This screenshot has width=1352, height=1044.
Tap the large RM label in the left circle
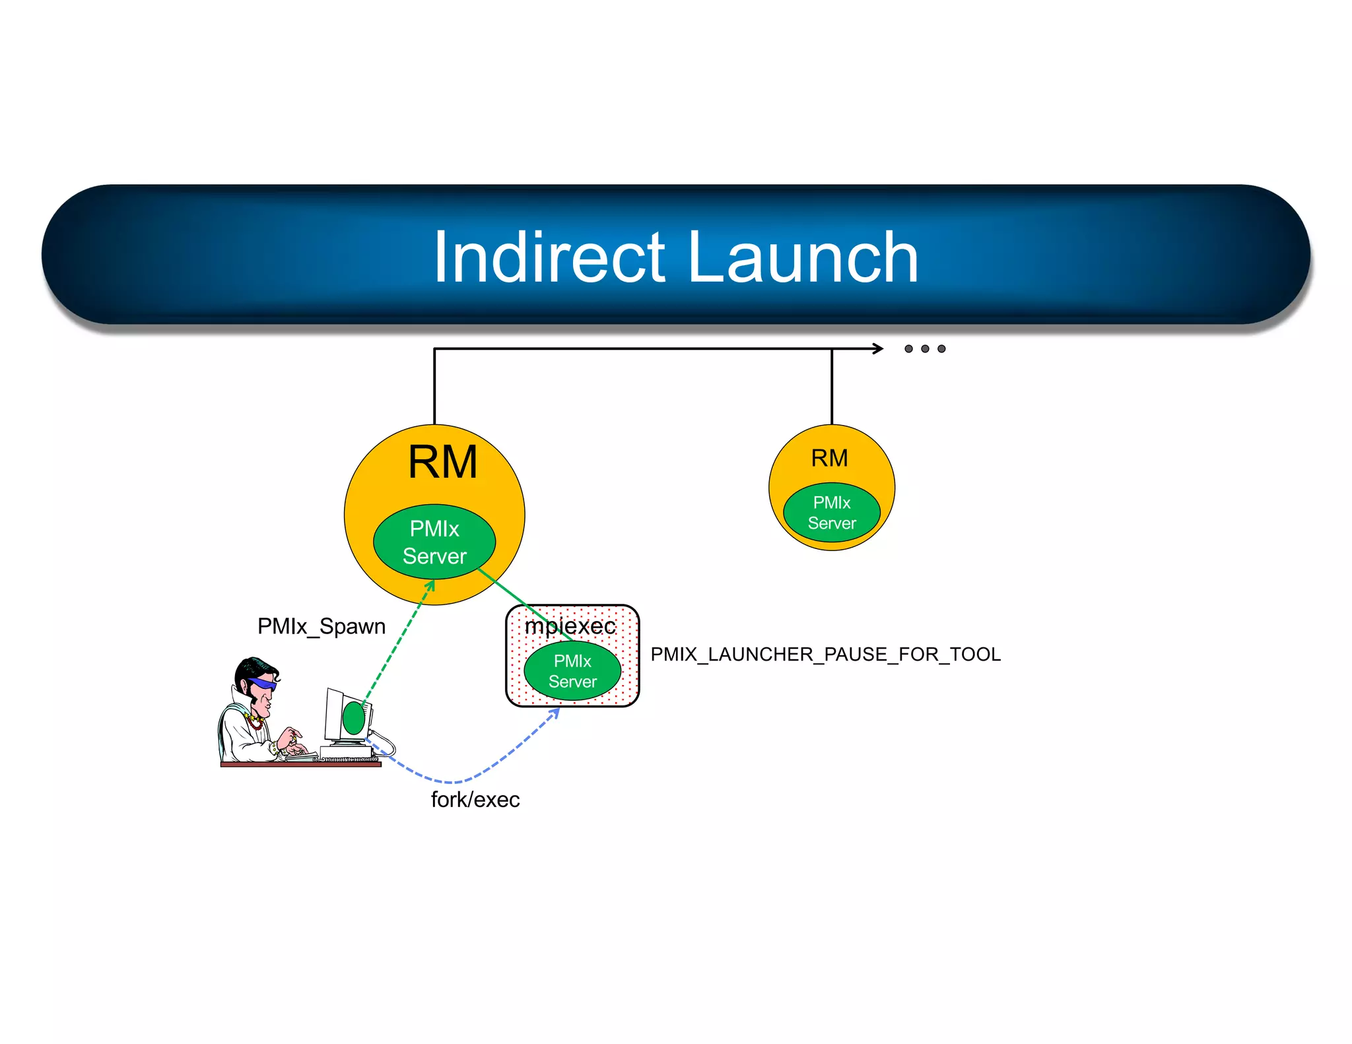pos(442,462)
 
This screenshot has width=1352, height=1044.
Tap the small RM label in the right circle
pos(829,458)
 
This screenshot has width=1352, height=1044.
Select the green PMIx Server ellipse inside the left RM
pos(434,542)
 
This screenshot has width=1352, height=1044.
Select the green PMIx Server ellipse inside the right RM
pos(832,513)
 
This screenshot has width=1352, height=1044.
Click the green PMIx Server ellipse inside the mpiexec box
pos(572,671)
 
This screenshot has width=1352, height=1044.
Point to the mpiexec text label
pos(570,626)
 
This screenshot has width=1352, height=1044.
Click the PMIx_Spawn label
pos(321,626)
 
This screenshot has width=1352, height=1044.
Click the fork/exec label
pos(475,800)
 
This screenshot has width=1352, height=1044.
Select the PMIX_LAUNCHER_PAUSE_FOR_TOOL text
pos(825,654)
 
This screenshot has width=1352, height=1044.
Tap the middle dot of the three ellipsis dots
pos(925,348)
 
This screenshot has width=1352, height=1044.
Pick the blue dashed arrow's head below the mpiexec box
pos(556,712)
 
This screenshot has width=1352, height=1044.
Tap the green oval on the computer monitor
pos(353,718)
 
